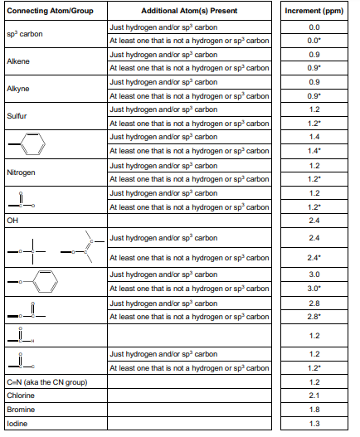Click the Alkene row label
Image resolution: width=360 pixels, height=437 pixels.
17,61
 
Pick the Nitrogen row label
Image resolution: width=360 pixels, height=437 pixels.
20,172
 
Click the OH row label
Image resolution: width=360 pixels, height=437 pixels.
12,221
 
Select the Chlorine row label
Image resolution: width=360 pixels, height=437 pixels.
20,396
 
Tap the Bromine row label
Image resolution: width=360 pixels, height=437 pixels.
20,410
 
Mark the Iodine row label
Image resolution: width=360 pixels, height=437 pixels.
17,424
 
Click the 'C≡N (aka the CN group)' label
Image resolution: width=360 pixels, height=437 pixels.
41,381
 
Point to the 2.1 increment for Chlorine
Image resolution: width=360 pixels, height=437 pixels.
314,396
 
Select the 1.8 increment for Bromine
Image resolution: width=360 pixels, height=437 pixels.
314,410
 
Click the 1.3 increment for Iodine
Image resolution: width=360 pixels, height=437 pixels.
314,424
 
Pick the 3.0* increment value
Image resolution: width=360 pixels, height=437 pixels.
314,289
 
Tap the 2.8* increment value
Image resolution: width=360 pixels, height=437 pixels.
314,317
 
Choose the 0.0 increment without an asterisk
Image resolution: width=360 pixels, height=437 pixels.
314,27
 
